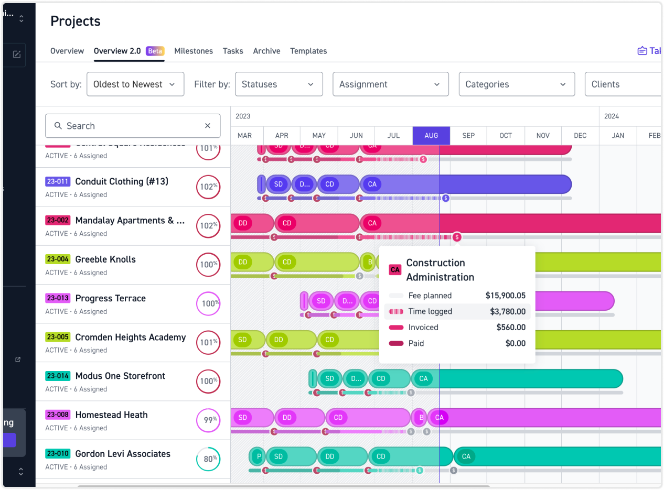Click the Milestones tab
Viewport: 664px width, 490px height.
[194, 51]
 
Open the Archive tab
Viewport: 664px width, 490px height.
[266, 51]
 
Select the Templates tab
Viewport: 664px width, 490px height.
[308, 51]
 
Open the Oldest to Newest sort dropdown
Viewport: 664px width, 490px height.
[135, 84]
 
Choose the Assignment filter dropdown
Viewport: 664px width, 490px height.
[390, 84]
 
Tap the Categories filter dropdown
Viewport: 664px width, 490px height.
[516, 84]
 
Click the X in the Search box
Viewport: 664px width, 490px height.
[208, 126]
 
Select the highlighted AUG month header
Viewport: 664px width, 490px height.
[431, 136]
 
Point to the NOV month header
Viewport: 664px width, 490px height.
[543, 136]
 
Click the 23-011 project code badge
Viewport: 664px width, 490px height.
[58, 181]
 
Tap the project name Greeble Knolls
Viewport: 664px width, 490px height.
[105, 259]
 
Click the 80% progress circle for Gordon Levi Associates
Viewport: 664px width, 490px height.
[208, 459]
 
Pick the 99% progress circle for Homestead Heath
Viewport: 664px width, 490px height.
[208, 420]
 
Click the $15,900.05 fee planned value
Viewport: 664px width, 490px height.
[505, 296]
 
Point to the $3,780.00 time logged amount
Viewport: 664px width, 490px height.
[507, 312]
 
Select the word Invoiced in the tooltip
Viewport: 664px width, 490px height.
[423, 328]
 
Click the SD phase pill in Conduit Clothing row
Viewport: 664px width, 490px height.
[279, 184]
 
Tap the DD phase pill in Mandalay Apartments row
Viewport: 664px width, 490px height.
[243, 223]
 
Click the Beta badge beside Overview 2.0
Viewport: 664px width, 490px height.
[155, 51]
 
